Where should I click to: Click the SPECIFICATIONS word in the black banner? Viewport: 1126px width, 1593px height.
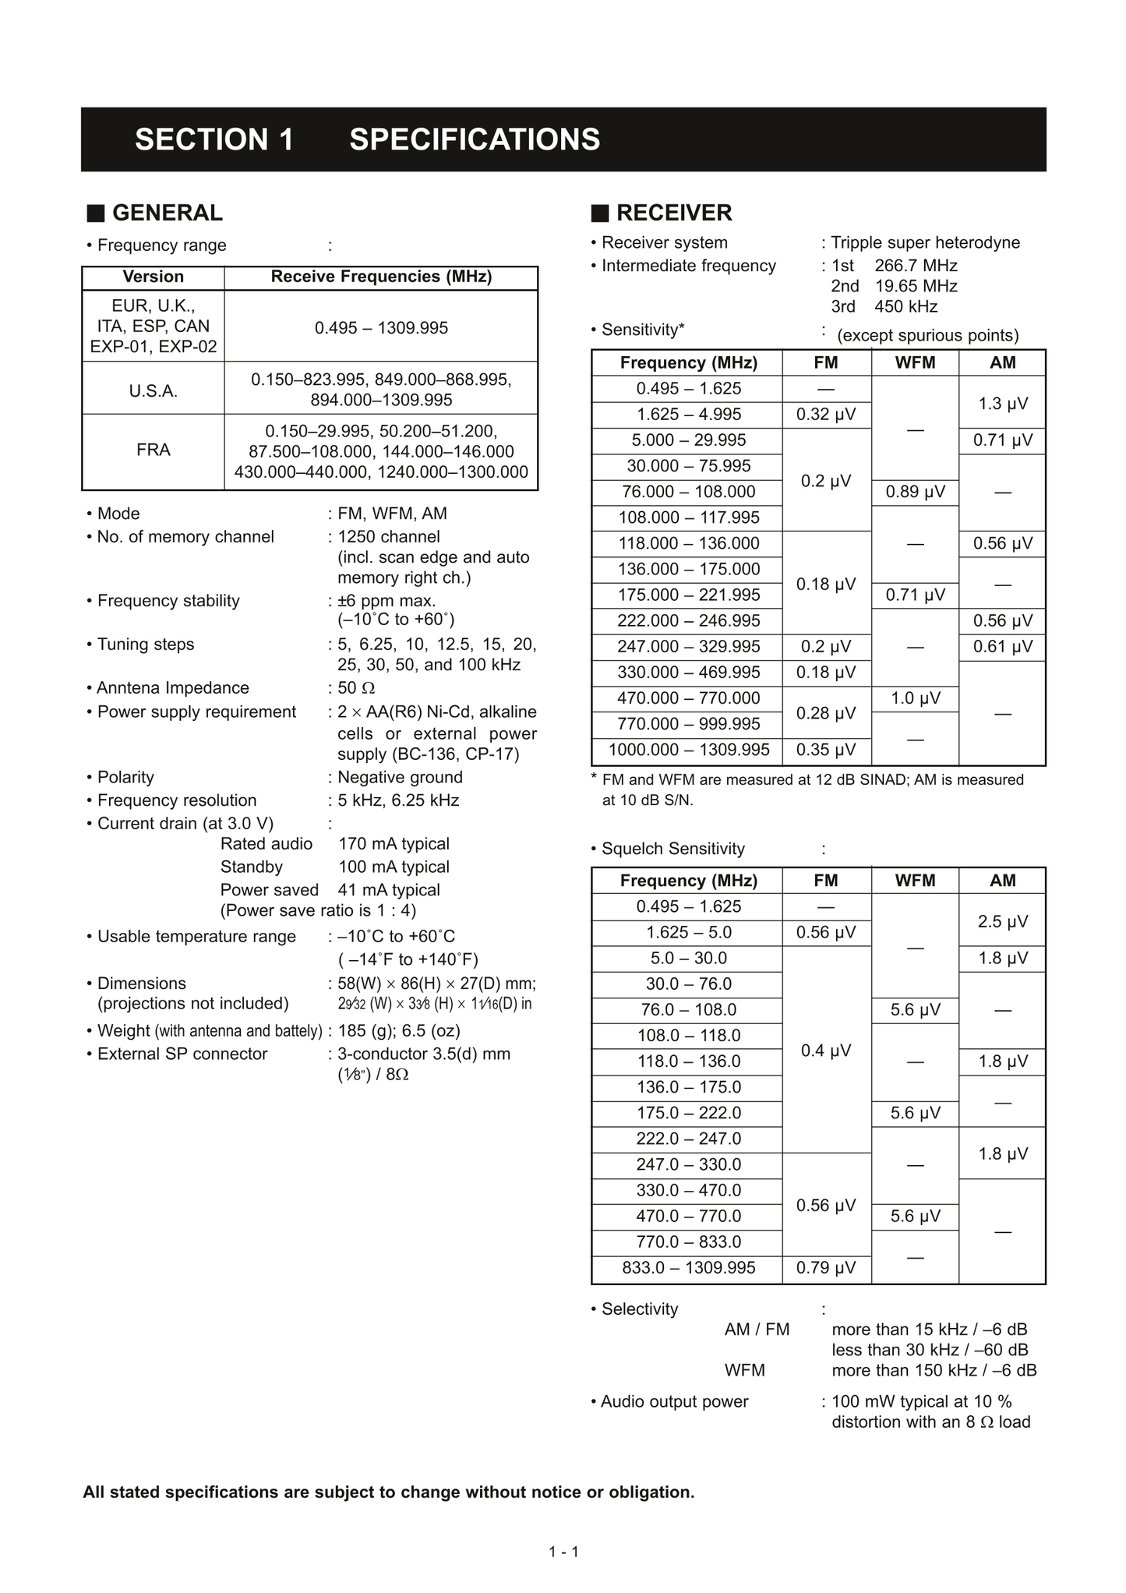point(475,140)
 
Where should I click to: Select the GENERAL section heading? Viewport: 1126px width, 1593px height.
point(167,213)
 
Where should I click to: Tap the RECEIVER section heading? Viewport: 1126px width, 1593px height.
point(673,213)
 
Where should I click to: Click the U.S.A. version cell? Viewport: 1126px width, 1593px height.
point(154,391)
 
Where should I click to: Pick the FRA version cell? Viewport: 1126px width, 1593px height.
point(154,450)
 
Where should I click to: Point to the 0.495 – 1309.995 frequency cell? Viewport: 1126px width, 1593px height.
point(381,328)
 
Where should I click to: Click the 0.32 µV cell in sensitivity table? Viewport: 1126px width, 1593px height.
point(826,415)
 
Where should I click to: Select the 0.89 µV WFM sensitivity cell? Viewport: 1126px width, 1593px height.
point(915,492)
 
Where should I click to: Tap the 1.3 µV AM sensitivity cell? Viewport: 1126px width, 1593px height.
point(1002,404)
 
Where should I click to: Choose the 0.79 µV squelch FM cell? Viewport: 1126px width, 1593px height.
point(826,1268)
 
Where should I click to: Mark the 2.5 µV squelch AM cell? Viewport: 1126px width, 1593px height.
point(1002,921)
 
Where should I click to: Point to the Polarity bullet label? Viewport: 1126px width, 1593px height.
point(125,777)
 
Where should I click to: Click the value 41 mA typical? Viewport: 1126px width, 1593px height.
point(389,890)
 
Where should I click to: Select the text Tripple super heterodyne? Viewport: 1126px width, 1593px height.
point(925,242)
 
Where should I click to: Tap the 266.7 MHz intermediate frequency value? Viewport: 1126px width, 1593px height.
point(916,266)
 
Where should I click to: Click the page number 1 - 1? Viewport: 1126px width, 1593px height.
point(563,1552)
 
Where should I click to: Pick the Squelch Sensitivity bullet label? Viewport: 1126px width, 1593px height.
point(672,849)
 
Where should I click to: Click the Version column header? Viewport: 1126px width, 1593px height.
point(154,277)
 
